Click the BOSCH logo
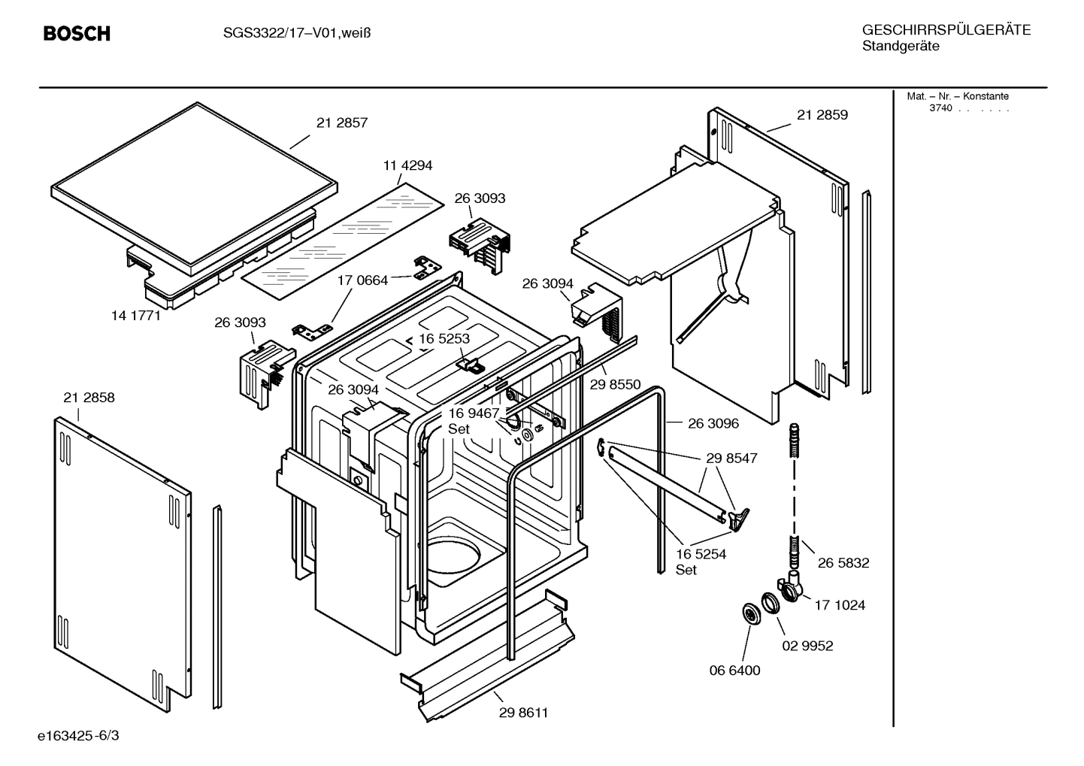[x=77, y=34]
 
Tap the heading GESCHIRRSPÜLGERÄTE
[x=946, y=30]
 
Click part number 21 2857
[x=342, y=123]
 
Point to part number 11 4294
[x=407, y=165]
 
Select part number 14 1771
[x=136, y=316]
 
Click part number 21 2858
[x=89, y=398]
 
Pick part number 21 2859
[x=822, y=115]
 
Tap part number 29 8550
[x=615, y=385]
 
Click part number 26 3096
[x=713, y=423]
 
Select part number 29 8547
[x=731, y=458]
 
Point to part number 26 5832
[x=843, y=562]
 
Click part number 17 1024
[x=839, y=604]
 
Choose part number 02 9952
[x=807, y=646]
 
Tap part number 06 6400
[x=734, y=671]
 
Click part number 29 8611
[x=523, y=713]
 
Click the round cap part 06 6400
[x=750, y=613]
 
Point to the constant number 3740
[x=940, y=108]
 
